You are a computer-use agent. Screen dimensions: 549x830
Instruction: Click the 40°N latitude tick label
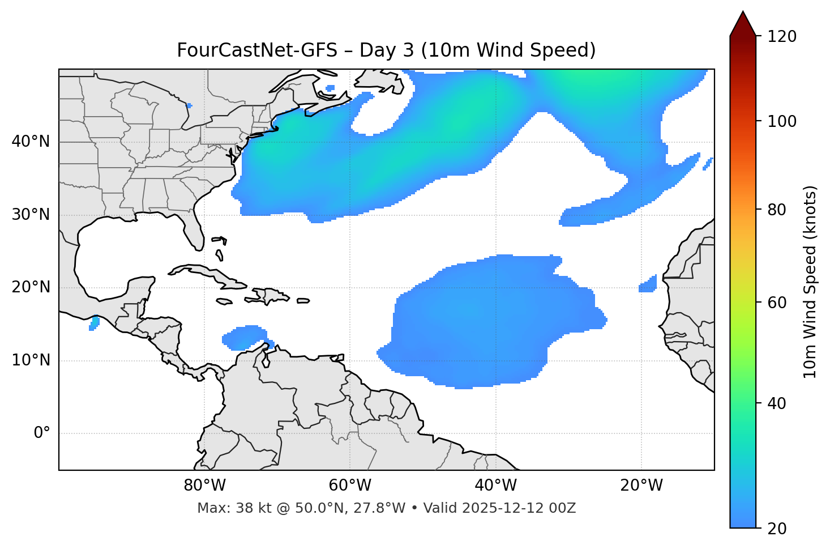click(x=31, y=142)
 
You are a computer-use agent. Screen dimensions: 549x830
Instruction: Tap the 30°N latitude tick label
click(x=31, y=215)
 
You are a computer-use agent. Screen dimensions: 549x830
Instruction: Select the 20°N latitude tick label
click(x=31, y=287)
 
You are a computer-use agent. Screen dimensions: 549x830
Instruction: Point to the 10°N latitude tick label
click(x=31, y=360)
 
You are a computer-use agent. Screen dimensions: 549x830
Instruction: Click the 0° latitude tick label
click(x=42, y=433)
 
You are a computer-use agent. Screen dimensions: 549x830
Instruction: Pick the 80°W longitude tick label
click(x=204, y=486)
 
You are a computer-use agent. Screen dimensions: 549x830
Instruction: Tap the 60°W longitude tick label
click(x=350, y=486)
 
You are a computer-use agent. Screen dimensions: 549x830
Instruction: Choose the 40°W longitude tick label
click(x=495, y=486)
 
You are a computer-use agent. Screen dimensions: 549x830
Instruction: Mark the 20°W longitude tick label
click(x=641, y=486)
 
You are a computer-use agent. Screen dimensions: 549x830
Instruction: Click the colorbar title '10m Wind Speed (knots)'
click(x=810, y=282)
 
